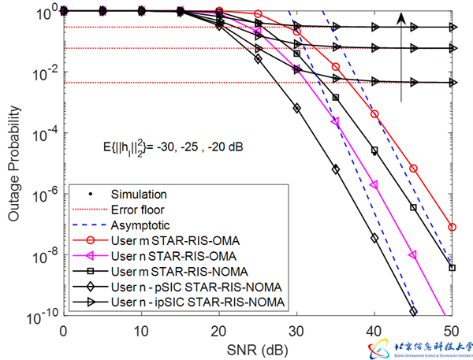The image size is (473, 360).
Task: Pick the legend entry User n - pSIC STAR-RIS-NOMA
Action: (x=174, y=286)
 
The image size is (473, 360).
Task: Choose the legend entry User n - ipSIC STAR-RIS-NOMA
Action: (x=177, y=302)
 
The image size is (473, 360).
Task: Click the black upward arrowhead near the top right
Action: (x=402, y=18)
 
